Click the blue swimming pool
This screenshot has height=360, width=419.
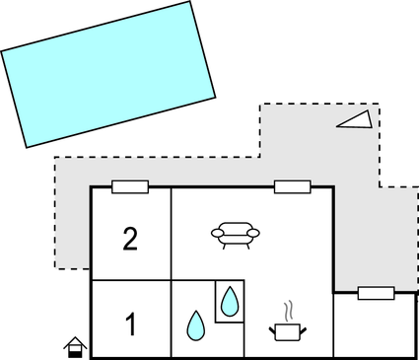coord(108,74)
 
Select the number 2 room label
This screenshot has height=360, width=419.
coord(130,239)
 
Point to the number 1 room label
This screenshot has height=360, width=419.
coord(130,322)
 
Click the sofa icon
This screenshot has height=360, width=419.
coord(238,234)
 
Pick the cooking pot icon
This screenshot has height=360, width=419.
coord(287,331)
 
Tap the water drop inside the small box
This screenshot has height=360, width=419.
coord(230,301)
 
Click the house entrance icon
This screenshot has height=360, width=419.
coord(75,346)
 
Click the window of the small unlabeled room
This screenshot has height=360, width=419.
coord(376,293)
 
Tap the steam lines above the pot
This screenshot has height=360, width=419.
coord(288,311)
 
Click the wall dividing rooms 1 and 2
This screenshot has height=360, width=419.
coord(130,281)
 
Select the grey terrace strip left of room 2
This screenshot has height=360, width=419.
coord(72,227)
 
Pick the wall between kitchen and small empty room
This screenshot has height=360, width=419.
coord(334,325)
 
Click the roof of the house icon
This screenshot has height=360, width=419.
coord(75,340)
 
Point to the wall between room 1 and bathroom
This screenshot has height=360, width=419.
coord(172,321)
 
